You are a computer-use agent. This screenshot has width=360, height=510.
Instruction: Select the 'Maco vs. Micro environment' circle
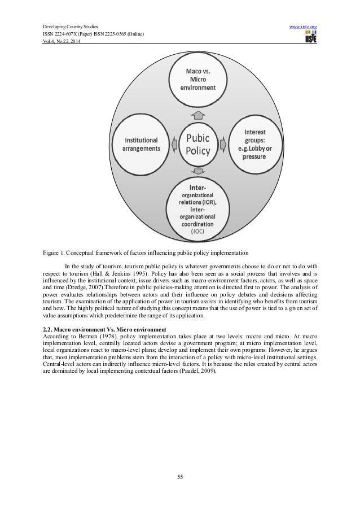pos(197,80)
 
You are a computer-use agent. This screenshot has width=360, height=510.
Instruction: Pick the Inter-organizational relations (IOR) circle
pos(197,207)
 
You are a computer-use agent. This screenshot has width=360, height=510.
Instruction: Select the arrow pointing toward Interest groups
pos(222,143)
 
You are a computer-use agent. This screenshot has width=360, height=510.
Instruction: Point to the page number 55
pos(179,477)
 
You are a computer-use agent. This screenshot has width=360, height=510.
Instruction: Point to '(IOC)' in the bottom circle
pos(197,232)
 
